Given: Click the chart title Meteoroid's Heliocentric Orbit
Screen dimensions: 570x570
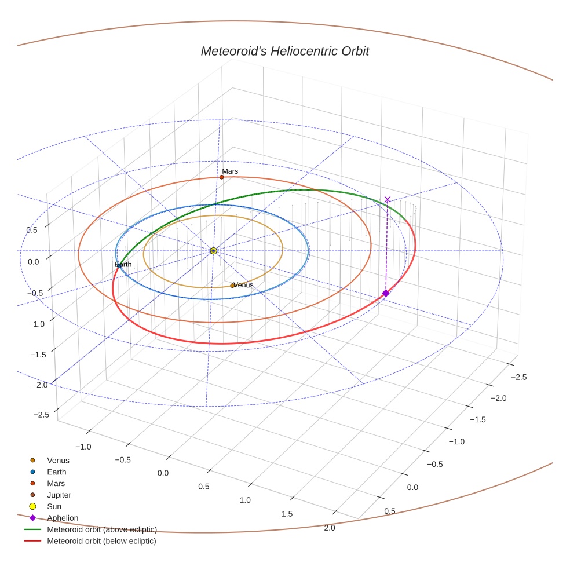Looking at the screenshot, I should pyautogui.click(x=284, y=51).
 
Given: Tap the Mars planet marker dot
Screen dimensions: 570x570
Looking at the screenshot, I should pyautogui.click(x=221, y=177).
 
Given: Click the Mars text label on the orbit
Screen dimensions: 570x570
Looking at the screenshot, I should pyautogui.click(x=230, y=171).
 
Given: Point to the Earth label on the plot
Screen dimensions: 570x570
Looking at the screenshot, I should pyautogui.click(x=123, y=265).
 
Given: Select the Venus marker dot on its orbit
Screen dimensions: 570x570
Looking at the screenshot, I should pyautogui.click(x=232, y=286).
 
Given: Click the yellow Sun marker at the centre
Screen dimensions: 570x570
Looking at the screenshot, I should pyautogui.click(x=213, y=251).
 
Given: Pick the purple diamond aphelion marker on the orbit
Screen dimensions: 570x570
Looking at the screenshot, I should pyautogui.click(x=386, y=294).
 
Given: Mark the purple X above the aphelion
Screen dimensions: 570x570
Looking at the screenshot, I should pyautogui.click(x=388, y=200).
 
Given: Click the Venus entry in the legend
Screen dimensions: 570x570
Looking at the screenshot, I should pyautogui.click(x=58, y=461).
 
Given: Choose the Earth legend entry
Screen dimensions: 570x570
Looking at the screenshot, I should pyautogui.click(x=57, y=472).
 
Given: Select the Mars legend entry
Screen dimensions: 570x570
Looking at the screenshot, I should pyautogui.click(x=56, y=484).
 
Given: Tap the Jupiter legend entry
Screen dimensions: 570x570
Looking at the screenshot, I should pyautogui.click(x=59, y=495).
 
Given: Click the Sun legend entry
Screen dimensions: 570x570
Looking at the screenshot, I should pyautogui.click(x=54, y=507).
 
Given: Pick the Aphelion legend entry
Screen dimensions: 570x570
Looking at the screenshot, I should pyautogui.click(x=63, y=518).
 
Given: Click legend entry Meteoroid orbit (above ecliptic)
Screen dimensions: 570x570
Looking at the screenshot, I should pyautogui.click(x=101, y=529).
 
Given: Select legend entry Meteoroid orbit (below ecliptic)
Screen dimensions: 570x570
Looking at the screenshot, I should pyautogui.click(x=101, y=541).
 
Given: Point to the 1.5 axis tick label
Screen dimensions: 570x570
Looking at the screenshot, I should pyautogui.click(x=285, y=514).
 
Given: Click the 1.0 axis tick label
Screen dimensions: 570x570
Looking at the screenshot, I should pyautogui.click(x=245, y=500).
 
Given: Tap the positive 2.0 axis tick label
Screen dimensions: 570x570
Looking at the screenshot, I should pyautogui.click(x=329, y=528).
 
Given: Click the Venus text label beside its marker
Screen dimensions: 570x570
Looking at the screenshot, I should pyautogui.click(x=244, y=285).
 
